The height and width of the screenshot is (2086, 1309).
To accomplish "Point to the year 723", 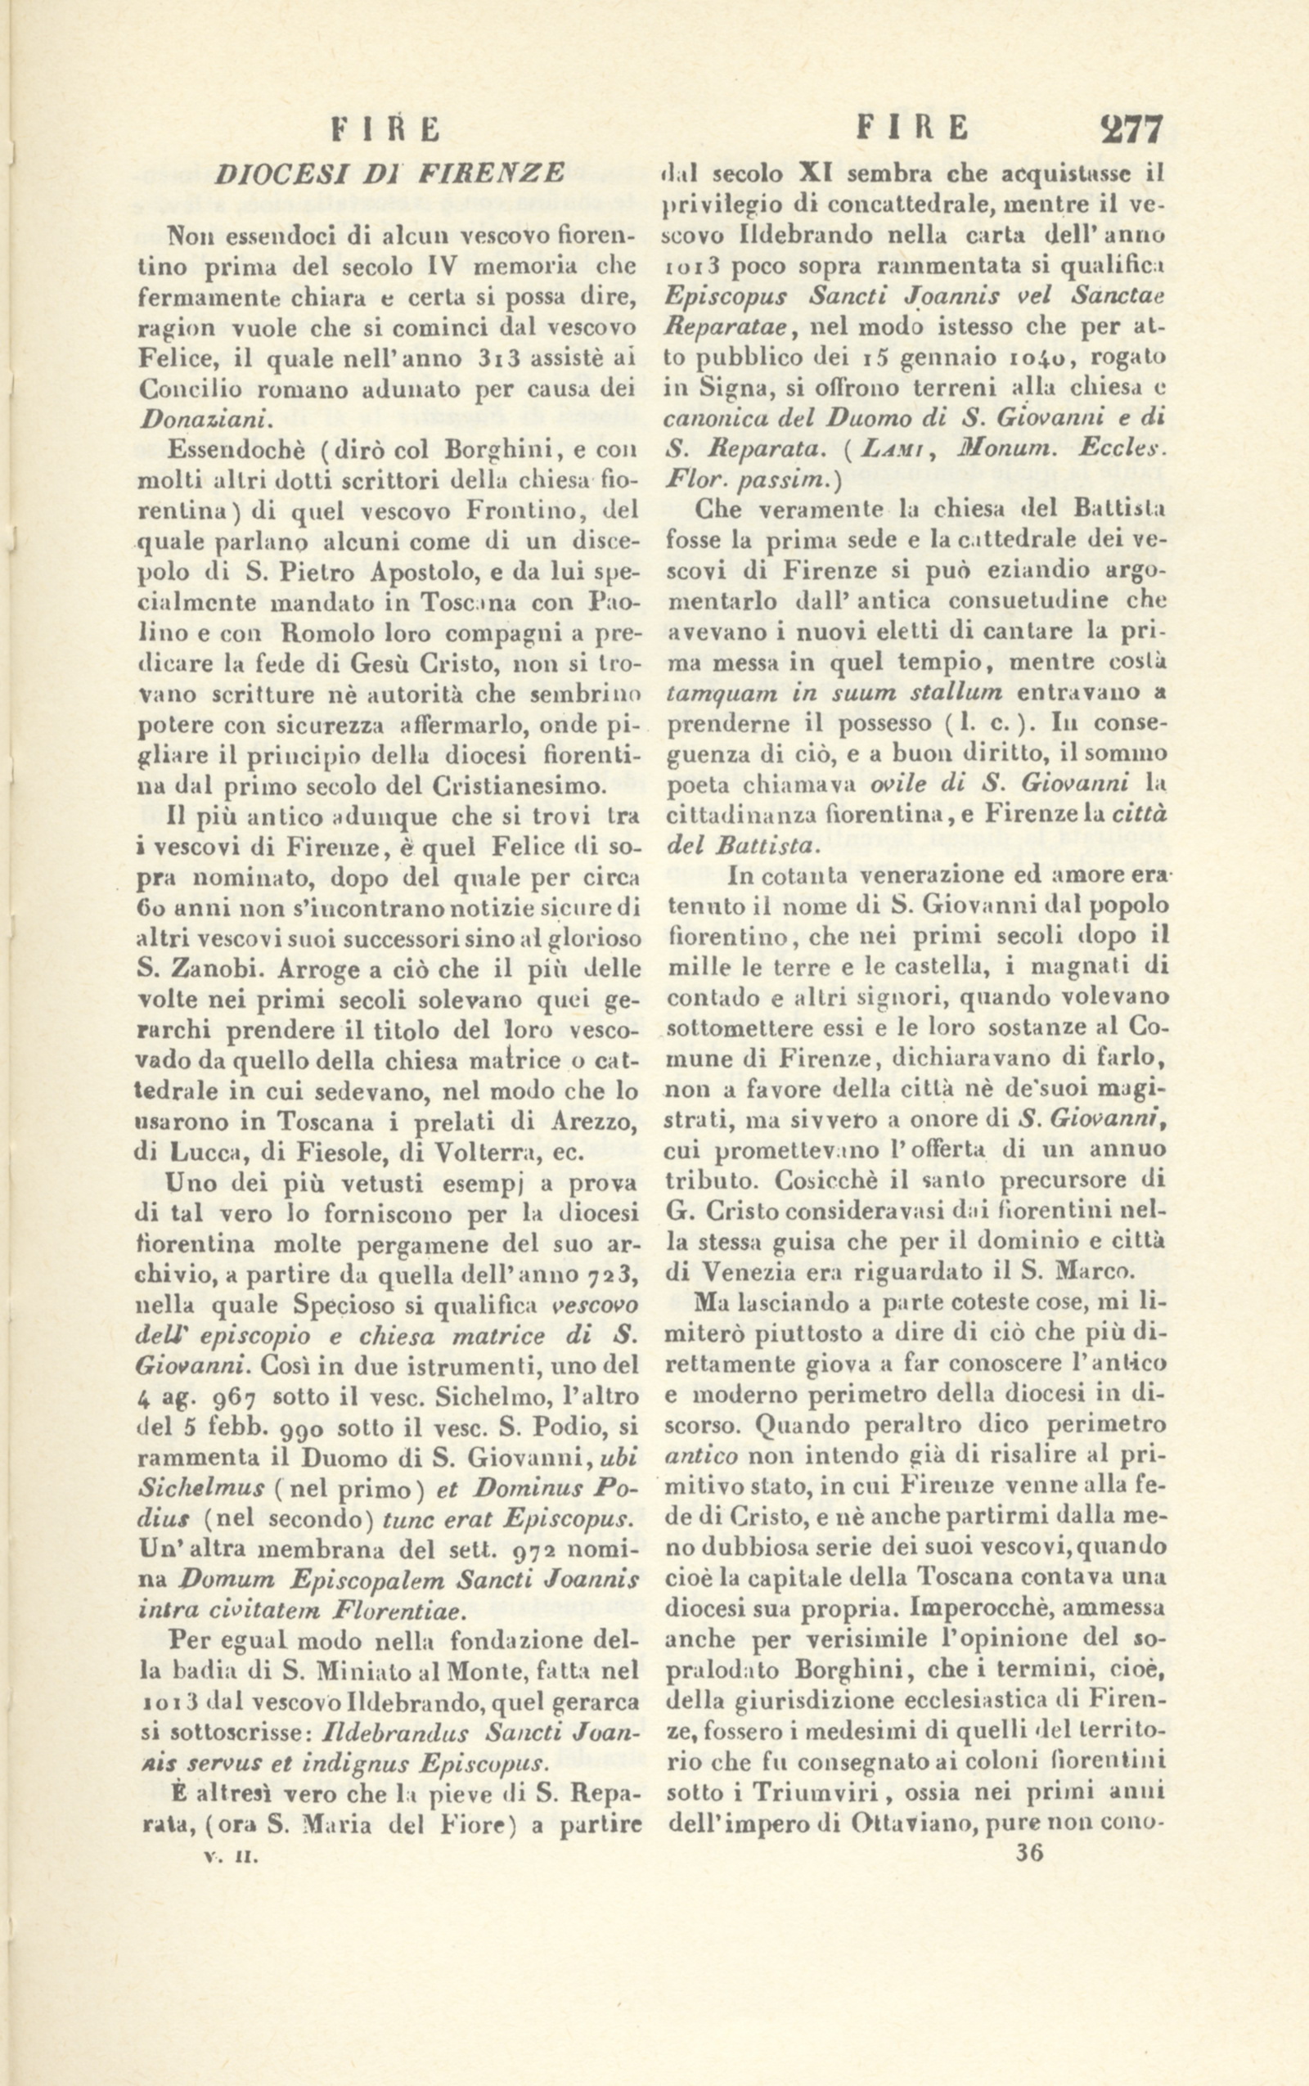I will click(x=613, y=1275).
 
